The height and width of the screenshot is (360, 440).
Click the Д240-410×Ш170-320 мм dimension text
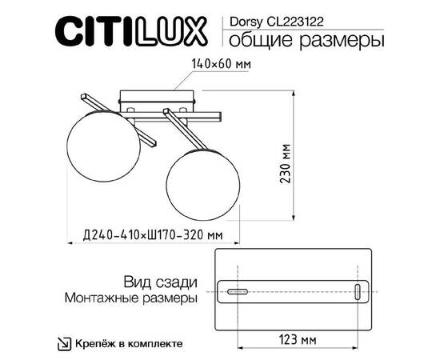152,234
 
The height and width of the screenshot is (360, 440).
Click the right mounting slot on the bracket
357,292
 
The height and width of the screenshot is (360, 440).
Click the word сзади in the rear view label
176,282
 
